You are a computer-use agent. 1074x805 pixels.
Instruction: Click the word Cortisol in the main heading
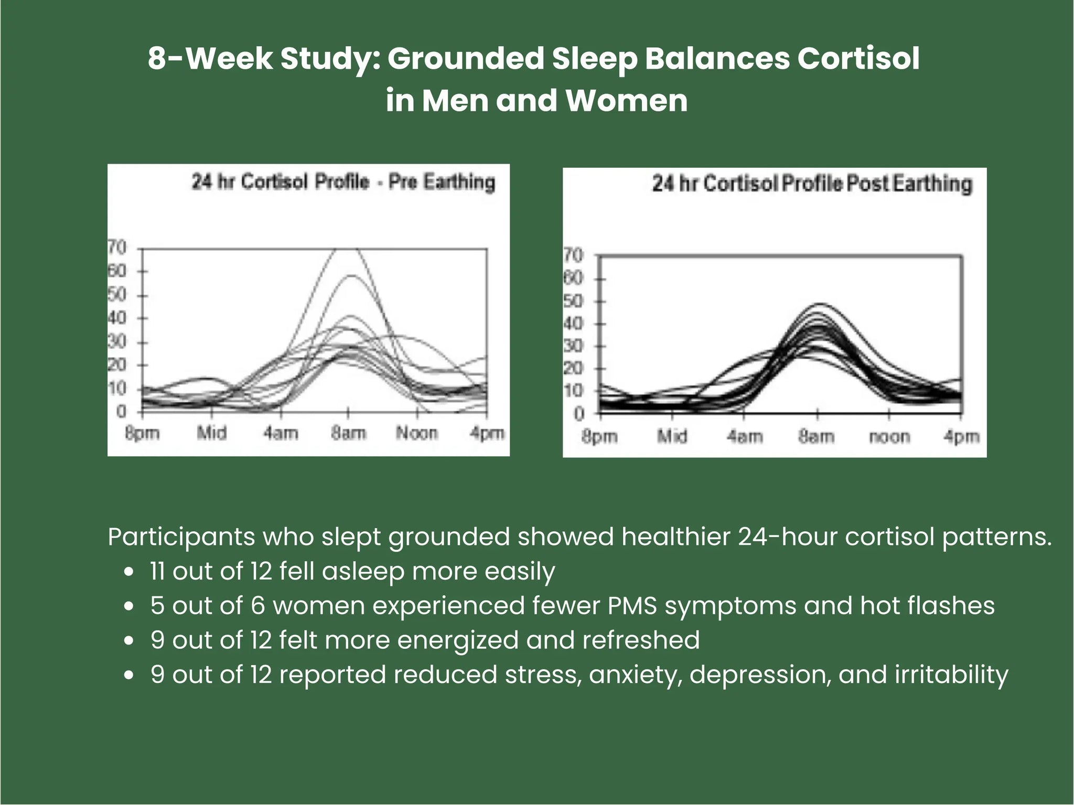coord(858,58)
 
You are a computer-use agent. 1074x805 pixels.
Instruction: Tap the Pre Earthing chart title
coord(343,182)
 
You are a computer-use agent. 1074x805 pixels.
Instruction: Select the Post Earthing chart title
coord(812,184)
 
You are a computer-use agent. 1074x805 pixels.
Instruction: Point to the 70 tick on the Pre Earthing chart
coord(117,247)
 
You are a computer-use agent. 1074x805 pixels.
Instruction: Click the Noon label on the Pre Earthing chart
coord(417,433)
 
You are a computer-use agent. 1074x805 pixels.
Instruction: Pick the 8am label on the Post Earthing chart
coord(817,436)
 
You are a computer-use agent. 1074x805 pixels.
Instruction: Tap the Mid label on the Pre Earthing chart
coord(212,433)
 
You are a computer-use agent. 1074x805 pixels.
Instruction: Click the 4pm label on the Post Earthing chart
coord(961,436)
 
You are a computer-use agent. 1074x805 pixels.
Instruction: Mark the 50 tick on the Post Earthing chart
coord(573,301)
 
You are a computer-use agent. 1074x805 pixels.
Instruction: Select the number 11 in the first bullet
coord(158,571)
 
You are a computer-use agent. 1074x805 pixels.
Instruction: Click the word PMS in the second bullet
coord(632,606)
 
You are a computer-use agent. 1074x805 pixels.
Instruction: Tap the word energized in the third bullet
coord(458,640)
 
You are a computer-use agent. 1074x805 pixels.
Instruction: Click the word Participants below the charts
coord(181,537)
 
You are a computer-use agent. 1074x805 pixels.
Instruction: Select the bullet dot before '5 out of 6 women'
coord(129,607)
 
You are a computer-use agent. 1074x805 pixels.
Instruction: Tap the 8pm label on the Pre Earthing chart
coord(142,433)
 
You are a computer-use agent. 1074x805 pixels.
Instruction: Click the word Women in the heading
coord(626,101)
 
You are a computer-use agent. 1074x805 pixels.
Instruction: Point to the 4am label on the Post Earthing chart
coord(744,436)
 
